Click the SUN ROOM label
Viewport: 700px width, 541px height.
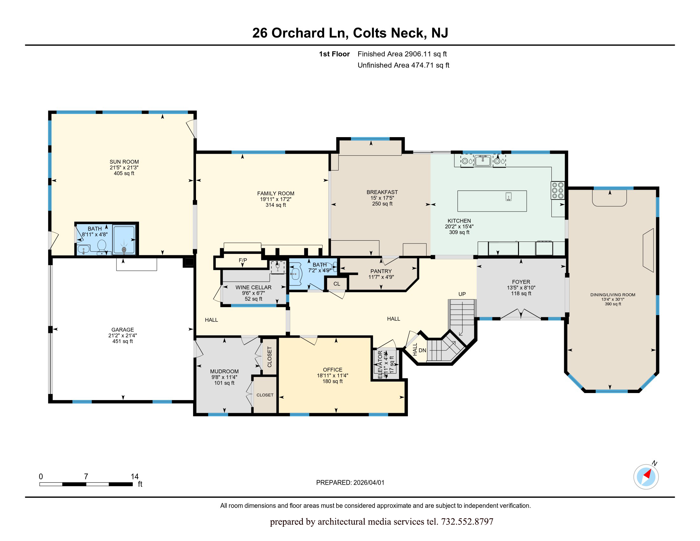(x=124, y=162)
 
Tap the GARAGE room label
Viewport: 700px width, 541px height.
(x=122, y=329)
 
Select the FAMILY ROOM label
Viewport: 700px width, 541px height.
(x=276, y=193)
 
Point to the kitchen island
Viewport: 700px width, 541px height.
(x=492, y=201)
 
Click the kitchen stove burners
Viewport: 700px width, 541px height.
(x=558, y=190)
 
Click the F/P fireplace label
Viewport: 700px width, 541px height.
(x=243, y=260)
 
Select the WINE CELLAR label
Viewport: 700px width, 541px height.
(x=254, y=287)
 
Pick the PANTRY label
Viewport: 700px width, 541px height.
(x=381, y=271)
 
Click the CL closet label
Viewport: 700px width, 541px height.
(x=337, y=284)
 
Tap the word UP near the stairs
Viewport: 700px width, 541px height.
(x=462, y=294)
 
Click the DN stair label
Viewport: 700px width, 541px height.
(x=423, y=350)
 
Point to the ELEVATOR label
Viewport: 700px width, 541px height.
(x=380, y=365)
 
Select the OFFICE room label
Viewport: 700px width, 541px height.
(x=332, y=369)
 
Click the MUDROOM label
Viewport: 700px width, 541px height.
(x=224, y=371)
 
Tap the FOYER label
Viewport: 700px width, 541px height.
(x=521, y=282)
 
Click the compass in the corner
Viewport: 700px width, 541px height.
(x=646, y=477)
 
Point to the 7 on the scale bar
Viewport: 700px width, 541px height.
(x=86, y=476)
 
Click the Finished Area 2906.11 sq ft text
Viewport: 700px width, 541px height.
(x=402, y=54)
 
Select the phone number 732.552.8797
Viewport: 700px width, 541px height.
(x=467, y=522)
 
